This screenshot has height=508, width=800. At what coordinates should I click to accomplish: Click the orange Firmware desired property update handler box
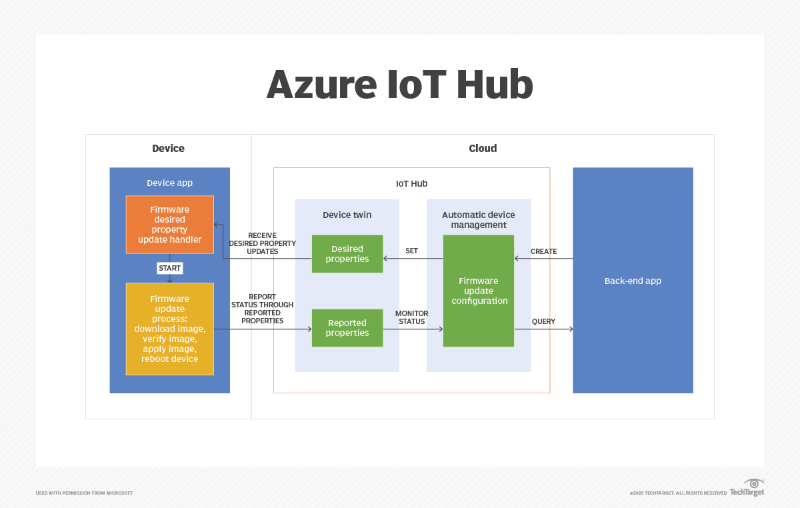[x=169, y=225]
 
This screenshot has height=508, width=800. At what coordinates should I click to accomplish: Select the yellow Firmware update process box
[x=169, y=329]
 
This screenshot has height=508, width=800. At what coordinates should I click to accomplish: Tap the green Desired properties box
[x=347, y=254]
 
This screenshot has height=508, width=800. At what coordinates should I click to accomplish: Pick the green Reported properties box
[x=347, y=328]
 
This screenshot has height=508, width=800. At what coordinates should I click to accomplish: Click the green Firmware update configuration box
[x=479, y=291]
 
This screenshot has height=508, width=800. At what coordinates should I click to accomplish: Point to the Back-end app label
[x=633, y=281]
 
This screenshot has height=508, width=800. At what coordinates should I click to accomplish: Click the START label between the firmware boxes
[x=169, y=268]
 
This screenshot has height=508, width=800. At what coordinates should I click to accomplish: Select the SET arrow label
[x=411, y=251]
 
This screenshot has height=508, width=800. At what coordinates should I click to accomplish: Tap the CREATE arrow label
[x=543, y=251]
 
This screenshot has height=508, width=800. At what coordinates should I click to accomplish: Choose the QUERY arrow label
[x=543, y=321]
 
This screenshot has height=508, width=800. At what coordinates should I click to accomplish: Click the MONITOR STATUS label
[x=411, y=317]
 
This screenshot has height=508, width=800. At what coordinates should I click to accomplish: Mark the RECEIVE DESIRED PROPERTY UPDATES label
[x=262, y=243]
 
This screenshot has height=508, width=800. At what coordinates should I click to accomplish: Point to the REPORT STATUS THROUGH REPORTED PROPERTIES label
[x=262, y=309]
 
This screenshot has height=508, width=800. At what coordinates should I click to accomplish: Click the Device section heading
[x=168, y=148]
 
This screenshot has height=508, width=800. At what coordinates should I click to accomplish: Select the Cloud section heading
[x=483, y=148]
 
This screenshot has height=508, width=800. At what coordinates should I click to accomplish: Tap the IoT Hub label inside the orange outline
[x=411, y=183]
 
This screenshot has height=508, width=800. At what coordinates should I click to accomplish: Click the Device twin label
[x=347, y=215]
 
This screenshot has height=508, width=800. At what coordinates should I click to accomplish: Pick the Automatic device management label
[x=479, y=219]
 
